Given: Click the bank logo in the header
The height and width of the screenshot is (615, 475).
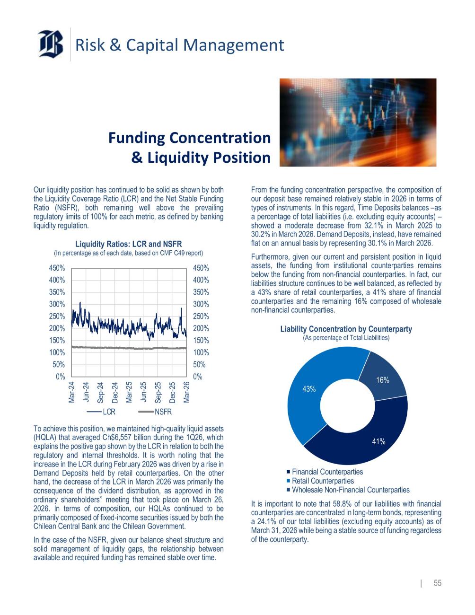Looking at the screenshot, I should pyautogui.click(x=51, y=44).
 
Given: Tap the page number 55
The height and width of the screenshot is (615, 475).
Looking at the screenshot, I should pyautogui.click(x=438, y=583).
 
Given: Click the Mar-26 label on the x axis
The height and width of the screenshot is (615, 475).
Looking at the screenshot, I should pyautogui.click(x=187, y=392).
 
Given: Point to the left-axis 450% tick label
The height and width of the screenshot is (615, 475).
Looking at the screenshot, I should pyautogui.click(x=57, y=268).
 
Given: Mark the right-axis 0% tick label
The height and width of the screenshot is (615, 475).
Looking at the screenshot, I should pyautogui.click(x=197, y=377).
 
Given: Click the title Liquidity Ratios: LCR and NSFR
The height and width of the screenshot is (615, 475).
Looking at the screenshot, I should pyautogui.click(x=129, y=244).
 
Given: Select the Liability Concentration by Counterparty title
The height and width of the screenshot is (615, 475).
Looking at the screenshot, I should pyautogui.click(x=346, y=329).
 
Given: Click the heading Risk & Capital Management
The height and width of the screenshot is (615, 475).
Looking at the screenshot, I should pyautogui.click(x=180, y=45).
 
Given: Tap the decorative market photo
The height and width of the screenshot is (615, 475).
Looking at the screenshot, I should pyautogui.click(x=358, y=122).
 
